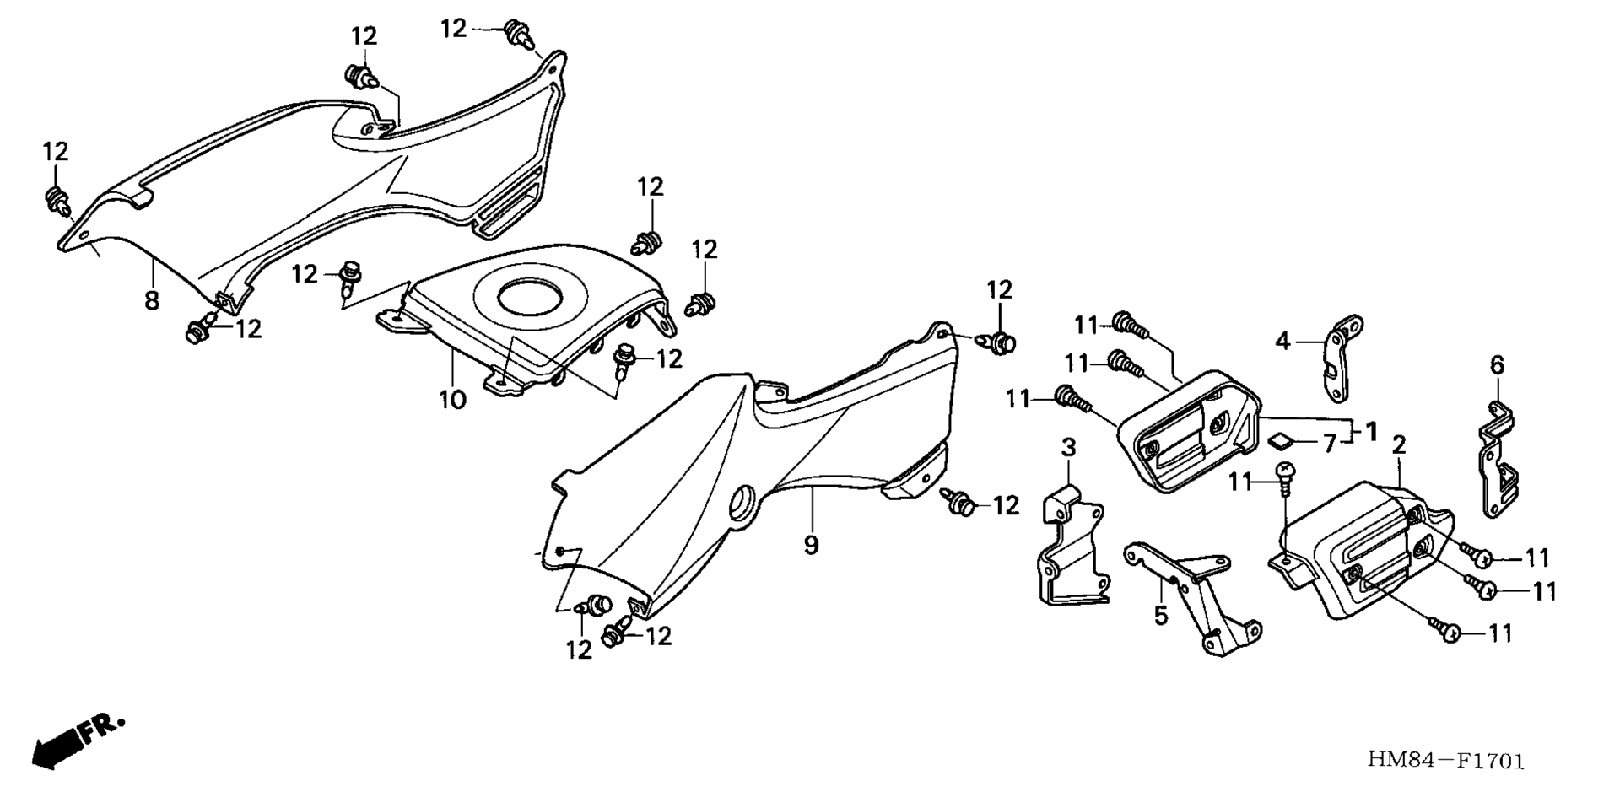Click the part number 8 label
pos(152,299)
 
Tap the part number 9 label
pos(811,545)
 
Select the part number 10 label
pos(452,399)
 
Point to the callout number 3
pos(1068,448)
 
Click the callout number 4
pos(1282,342)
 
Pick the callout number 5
pos(1161,615)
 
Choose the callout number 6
pos(1497,365)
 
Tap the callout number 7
pos(1330,443)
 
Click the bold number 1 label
pos(1371,432)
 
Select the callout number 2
pos(1399,445)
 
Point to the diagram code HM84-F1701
pos(1446,762)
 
